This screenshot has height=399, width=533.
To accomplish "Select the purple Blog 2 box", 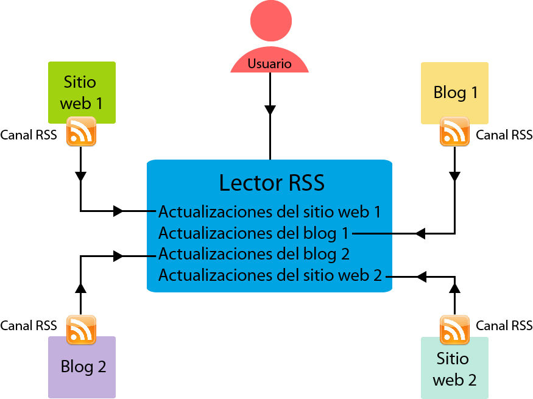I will pos(82,368).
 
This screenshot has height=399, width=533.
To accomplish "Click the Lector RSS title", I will pos(272,182).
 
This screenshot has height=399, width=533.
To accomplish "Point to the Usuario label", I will pos(269,63).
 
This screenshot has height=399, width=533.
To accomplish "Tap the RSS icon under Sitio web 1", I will pos(81,131).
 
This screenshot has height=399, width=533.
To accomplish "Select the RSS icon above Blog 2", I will pos(81,330).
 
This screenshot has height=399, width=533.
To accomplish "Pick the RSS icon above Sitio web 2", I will pos(454,330).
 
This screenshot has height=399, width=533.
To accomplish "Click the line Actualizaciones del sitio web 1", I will pos(269,212).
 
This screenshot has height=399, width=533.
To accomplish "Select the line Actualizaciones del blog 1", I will pos(254,233).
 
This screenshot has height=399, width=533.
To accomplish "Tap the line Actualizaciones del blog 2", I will pos(254,253).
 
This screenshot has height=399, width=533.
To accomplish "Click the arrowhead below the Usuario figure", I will pos(270,110).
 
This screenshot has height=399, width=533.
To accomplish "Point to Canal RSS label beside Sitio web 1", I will pos(29,135).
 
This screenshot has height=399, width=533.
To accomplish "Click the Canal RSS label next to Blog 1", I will pos(504,135).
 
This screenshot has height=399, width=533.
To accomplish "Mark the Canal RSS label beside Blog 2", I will pos(29,326).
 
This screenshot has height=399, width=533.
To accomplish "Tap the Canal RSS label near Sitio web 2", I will pos(504,326).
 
